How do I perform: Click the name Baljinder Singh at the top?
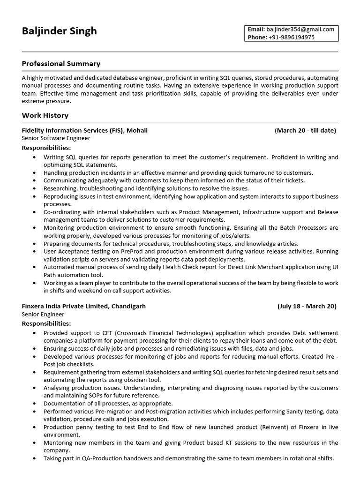59,31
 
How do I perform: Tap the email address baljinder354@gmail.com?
300,29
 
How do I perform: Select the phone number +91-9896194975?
291,37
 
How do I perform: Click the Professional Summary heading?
61,63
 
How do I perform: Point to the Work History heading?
45,115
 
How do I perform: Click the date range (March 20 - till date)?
305,130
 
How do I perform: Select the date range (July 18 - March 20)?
307,306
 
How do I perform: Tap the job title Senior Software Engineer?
56,138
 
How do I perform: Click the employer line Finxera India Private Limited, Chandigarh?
84,306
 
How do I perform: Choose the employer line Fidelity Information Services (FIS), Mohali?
85,130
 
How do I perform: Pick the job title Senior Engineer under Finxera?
43,315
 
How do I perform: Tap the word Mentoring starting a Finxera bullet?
58,442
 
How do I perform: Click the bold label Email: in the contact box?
256,29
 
